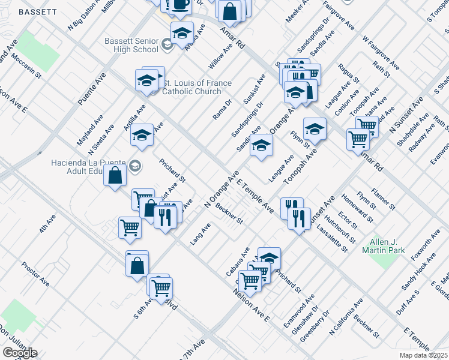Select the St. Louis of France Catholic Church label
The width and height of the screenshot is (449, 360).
(x=193, y=88)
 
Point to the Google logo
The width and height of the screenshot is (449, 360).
(x=20, y=352)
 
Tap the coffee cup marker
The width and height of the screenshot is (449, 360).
(x=180, y=6)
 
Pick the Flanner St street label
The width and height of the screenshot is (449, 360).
(x=383, y=198)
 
